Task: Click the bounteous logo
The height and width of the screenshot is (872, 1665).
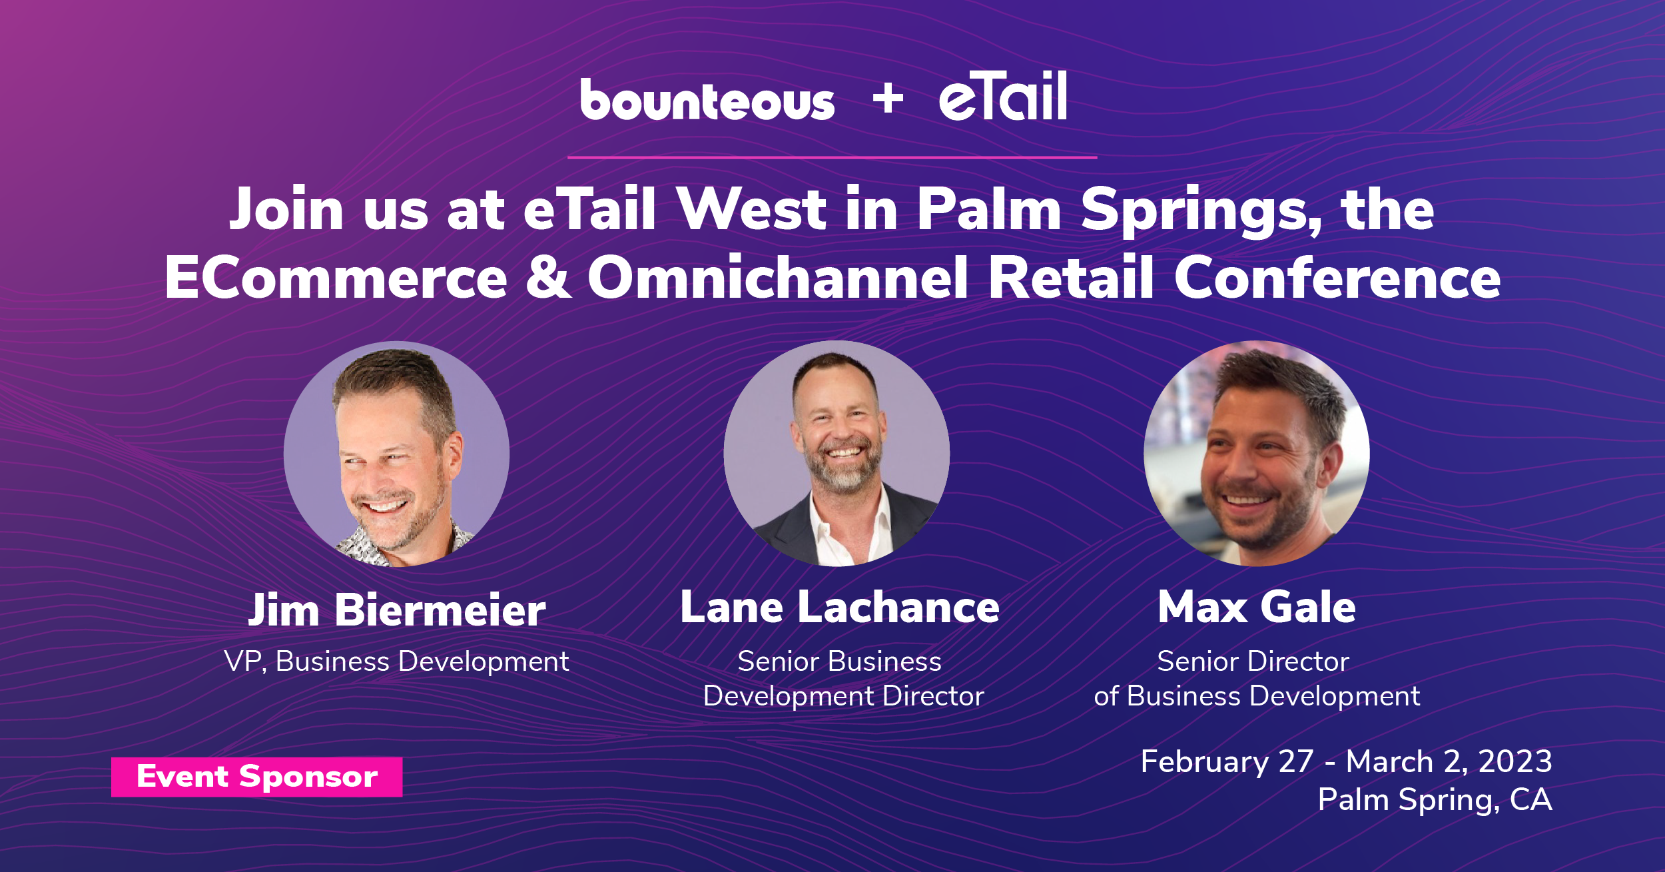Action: (707, 100)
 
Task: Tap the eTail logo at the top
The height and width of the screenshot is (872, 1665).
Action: (1003, 96)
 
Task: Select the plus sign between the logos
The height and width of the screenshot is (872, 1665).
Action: (888, 99)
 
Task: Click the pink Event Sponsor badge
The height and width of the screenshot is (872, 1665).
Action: (256, 777)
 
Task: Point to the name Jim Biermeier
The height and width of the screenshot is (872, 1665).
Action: (397, 610)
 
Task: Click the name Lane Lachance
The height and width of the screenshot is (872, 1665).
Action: (840, 607)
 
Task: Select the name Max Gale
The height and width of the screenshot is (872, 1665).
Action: (1257, 607)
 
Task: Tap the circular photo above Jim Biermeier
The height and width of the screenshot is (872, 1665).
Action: (397, 454)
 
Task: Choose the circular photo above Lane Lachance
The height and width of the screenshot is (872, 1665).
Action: (837, 454)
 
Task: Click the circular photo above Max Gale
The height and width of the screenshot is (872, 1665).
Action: (1257, 454)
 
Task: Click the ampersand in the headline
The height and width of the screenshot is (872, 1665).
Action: (548, 277)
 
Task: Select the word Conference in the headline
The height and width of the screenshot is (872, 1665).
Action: (1337, 276)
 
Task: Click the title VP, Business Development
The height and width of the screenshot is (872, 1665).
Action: (397, 661)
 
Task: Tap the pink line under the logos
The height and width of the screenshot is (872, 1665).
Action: (832, 158)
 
